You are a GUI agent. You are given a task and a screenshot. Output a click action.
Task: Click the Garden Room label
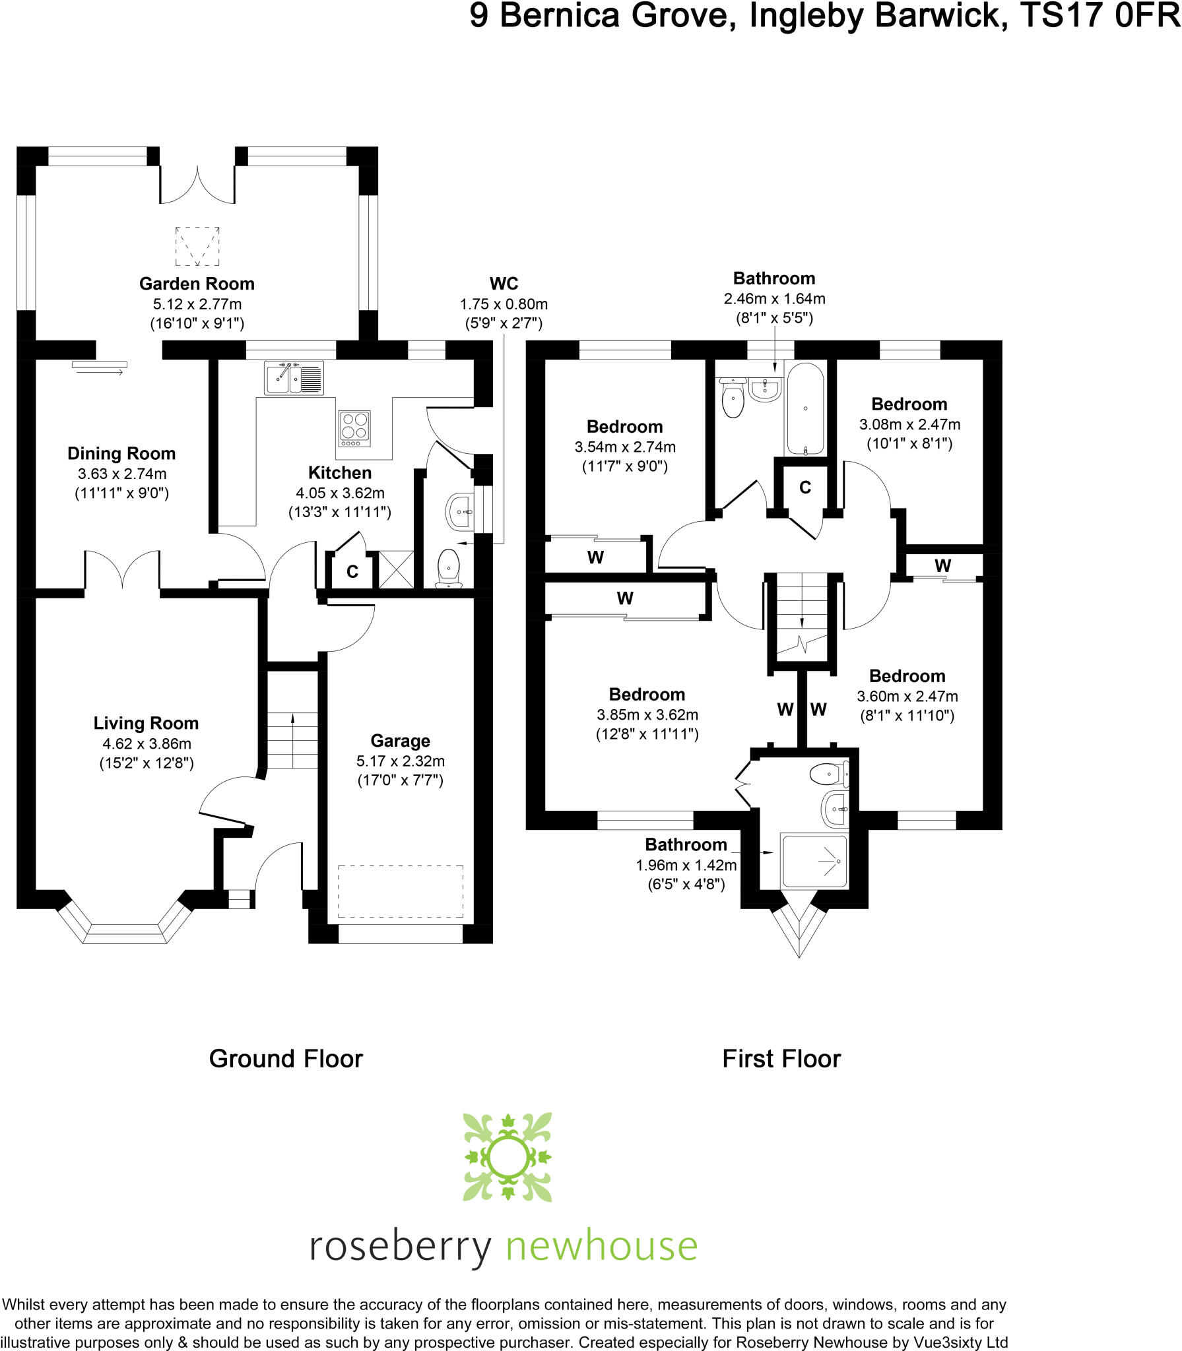[197, 284]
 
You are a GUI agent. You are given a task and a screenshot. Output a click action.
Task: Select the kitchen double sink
[294, 378]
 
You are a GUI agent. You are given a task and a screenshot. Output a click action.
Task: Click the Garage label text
[400, 741]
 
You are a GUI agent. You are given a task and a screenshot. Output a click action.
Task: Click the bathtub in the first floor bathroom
[804, 408]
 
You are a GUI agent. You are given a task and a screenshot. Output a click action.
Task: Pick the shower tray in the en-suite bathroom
[814, 860]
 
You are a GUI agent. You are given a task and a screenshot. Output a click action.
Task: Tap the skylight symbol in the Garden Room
[197, 246]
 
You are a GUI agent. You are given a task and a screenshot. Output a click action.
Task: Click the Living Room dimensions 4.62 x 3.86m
[147, 743]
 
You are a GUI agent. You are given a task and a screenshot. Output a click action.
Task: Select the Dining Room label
[121, 453]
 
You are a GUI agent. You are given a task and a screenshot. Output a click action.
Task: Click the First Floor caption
[781, 1059]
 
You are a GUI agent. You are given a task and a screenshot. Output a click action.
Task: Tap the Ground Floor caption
[286, 1059]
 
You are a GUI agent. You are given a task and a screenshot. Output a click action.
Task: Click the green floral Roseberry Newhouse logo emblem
[508, 1157]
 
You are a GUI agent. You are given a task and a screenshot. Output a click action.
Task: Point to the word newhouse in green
[601, 1246]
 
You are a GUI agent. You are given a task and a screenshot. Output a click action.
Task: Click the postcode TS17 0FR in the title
[1100, 16]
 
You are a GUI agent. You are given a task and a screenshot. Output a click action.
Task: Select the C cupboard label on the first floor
[805, 487]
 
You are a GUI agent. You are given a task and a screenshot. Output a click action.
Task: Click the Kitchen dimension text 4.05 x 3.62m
[340, 493]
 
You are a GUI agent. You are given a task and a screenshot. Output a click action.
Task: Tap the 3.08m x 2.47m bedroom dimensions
[909, 424]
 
